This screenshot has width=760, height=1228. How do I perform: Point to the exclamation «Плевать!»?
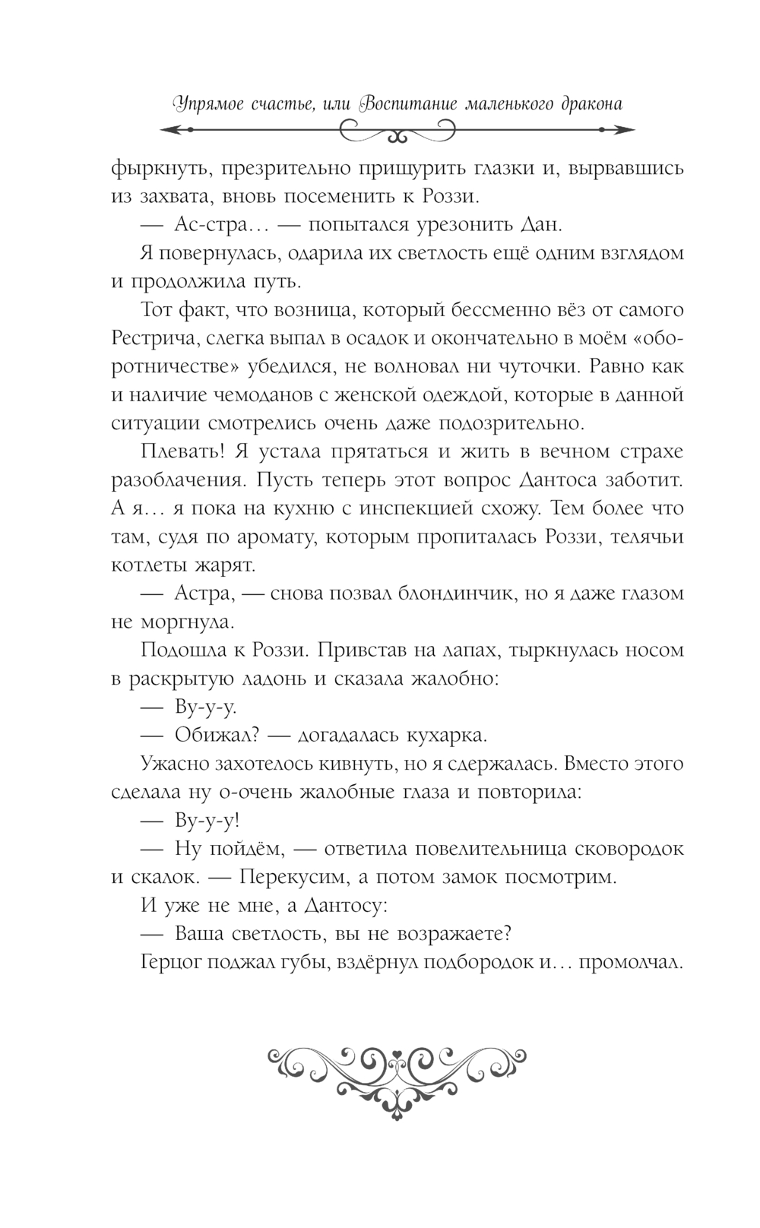click(179, 451)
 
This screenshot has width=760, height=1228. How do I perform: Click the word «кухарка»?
click(446, 736)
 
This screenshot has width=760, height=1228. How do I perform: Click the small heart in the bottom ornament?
click(396, 1056)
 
